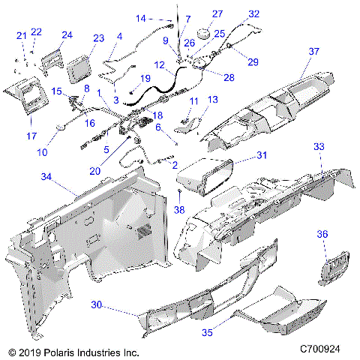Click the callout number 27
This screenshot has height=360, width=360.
(x=217, y=14)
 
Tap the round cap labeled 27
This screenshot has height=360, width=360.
(x=204, y=33)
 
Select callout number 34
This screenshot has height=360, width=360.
(x=46, y=177)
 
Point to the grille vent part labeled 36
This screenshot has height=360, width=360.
(x=334, y=268)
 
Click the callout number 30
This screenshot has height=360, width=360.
(x=97, y=304)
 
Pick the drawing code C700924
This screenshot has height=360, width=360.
(x=320, y=349)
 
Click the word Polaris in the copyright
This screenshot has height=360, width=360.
(x=59, y=352)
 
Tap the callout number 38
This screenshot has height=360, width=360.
(x=179, y=210)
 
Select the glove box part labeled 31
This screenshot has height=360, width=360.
(x=205, y=176)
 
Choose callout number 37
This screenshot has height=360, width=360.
(x=314, y=52)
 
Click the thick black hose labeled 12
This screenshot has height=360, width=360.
(x=157, y=86)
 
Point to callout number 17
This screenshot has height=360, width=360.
(x=31, y=136)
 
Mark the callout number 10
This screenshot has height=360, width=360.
(x=42, y=152)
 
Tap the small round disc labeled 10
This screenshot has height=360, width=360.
(x=61, y=127)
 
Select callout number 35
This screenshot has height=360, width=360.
(x=207, y=332)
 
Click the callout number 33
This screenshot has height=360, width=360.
(x=319, y=146)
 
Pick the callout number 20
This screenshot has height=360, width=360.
(x=95, y=171)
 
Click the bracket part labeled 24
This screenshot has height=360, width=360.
(x=52, y=61)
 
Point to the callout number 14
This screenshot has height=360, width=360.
(x=141, y=18)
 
